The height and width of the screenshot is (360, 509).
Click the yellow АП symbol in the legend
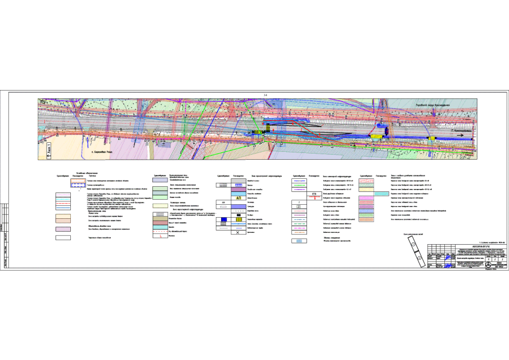coord(238,198)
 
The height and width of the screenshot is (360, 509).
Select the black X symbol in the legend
coord(238,231)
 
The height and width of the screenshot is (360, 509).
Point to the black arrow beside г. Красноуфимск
coord(463,135)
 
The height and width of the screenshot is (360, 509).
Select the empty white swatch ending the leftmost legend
coord(78,238)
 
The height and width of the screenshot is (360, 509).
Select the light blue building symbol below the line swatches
coord(299,241)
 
